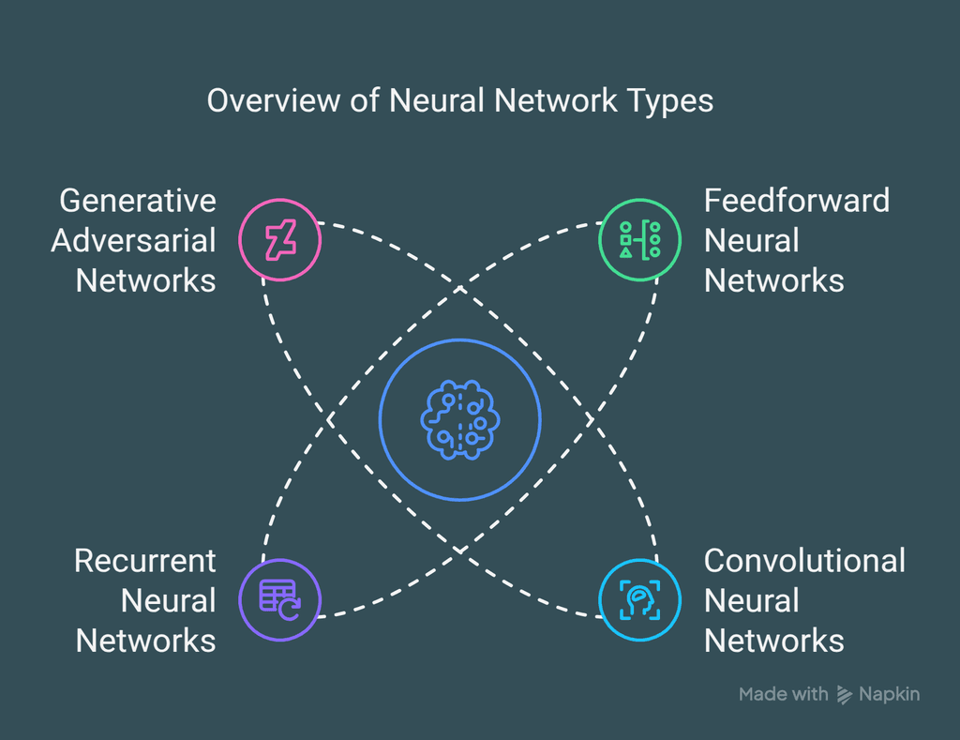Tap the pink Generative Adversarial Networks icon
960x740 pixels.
(279, 240)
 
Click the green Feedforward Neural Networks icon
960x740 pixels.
(640, 240)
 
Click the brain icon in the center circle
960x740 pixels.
(459, 420)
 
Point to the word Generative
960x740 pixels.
(138, 201)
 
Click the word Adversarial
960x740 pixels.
(134, 241)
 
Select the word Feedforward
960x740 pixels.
(797, 201)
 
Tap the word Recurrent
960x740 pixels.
(145, 561)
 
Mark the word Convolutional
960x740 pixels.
(804, 561)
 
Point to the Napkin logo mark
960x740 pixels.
(845, 695)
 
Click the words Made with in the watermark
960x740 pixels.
(783, 694)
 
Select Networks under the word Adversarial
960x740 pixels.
(146, 280)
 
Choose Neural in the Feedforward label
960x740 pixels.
(752, 241)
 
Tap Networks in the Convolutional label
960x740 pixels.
(774, 642)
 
